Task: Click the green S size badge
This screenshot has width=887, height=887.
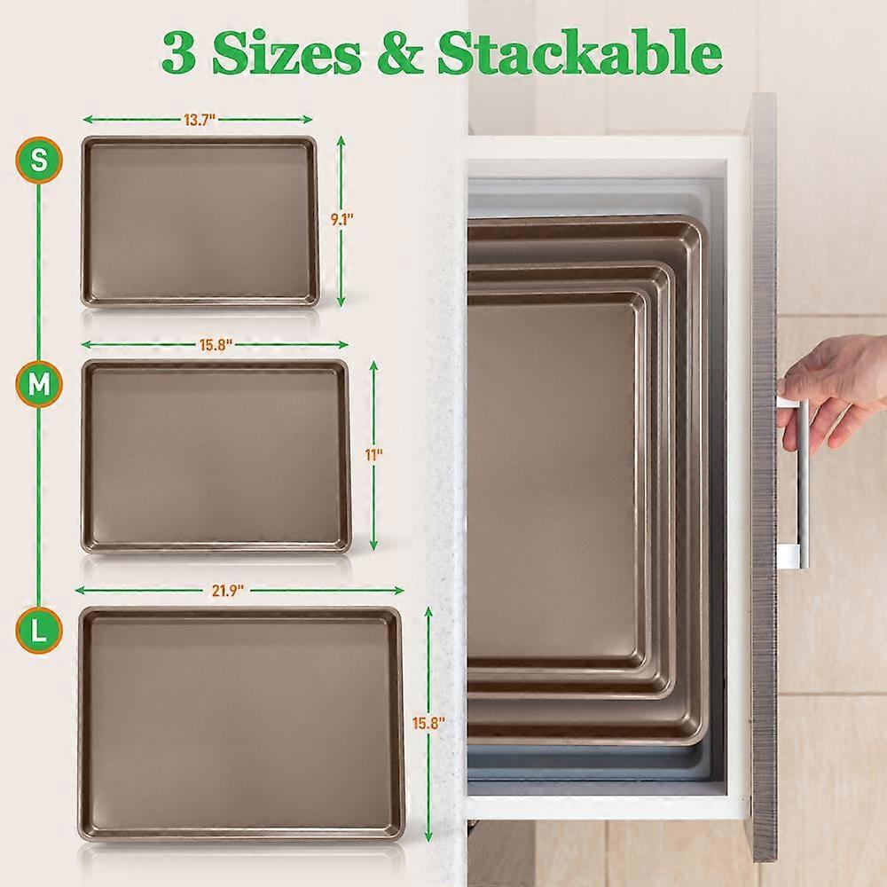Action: [38, 160]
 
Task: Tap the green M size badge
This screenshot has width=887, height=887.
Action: [38, 385]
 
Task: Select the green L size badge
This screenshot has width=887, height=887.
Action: [38, 630]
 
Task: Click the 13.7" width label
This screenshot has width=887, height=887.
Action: [199, 120]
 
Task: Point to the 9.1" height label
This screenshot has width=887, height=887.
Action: [342, 219]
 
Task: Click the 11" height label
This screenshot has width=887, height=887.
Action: [373, 454]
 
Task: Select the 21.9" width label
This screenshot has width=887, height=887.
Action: [227, 591]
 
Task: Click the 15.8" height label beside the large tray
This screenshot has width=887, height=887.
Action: [428, 723]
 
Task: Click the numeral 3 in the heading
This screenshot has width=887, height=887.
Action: [179, 53]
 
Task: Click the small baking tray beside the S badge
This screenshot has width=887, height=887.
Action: [200, 222]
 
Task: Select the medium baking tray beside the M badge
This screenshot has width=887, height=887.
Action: [216, 457]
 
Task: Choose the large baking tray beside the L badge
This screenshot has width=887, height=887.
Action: [241, 724]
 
